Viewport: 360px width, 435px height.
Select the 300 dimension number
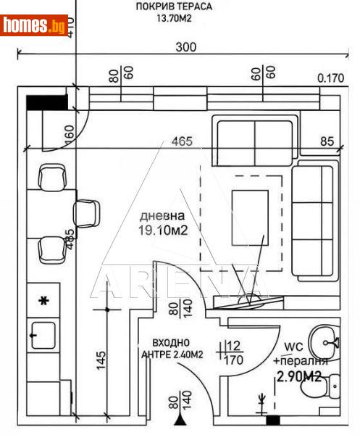[187, 46]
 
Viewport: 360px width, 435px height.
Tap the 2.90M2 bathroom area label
[298, 376]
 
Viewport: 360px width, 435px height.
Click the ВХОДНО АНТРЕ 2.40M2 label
[172, 349]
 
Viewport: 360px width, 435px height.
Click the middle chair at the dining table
[86, 212]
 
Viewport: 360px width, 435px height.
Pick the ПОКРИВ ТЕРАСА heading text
[174, 7]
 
